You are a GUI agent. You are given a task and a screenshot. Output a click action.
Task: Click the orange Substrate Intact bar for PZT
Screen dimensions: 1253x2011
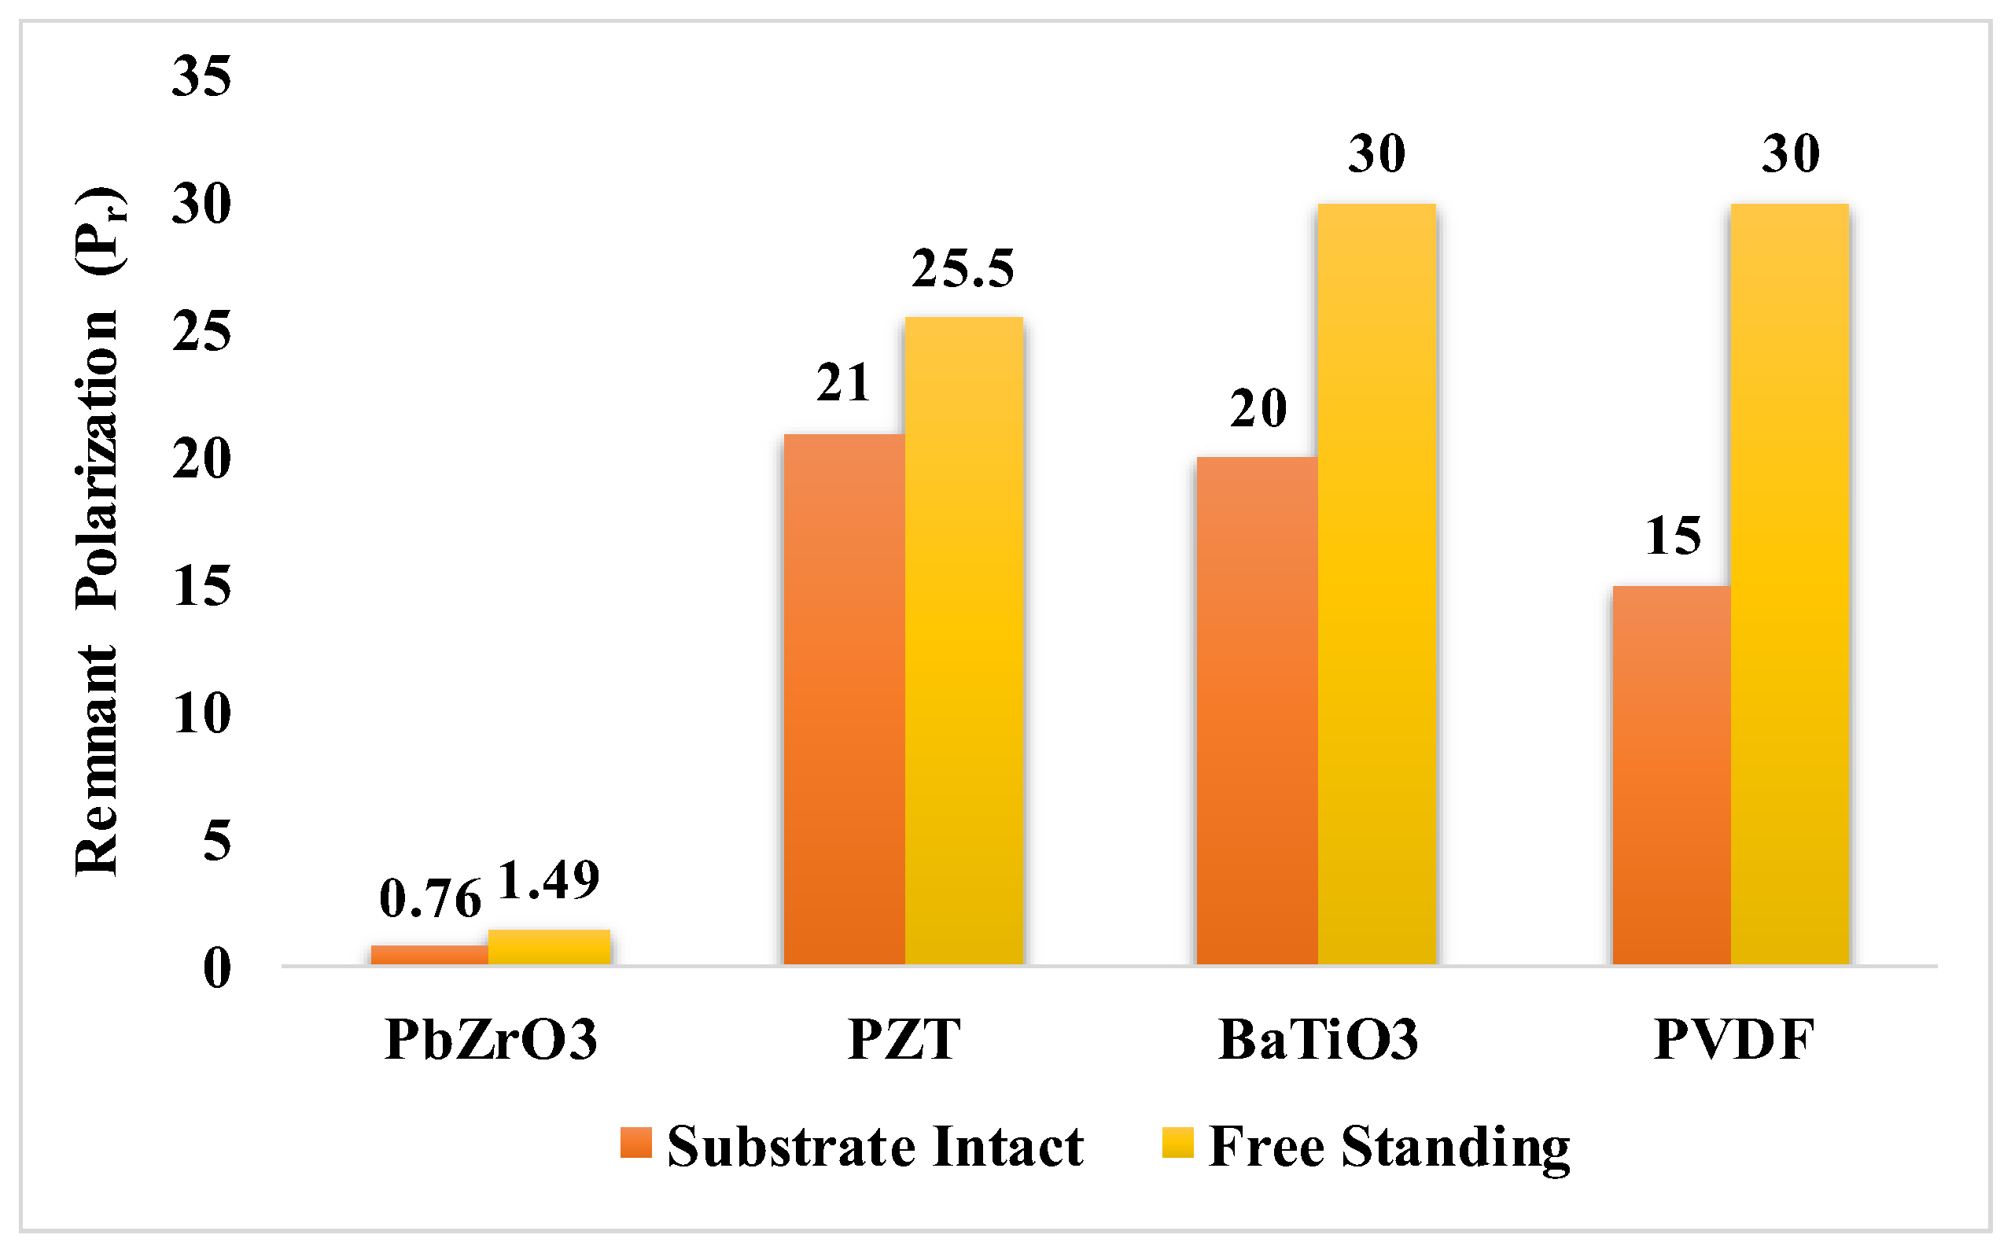(x=844, y=699)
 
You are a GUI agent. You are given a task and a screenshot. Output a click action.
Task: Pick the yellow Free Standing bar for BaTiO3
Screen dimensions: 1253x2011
(x=1376, y=584)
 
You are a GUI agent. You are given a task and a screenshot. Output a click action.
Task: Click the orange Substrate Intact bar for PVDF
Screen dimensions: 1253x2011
(x=1671, y=775)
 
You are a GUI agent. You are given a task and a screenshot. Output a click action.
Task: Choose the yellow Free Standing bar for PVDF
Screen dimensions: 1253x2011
(x=1790, y=584)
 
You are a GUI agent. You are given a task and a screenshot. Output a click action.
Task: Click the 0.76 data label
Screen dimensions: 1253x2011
(x=430, y=898)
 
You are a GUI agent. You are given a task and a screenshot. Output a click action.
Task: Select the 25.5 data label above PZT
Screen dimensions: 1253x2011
(x=963, y=268)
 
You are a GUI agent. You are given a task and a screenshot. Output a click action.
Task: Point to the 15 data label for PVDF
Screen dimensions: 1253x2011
(x=1673, y=536)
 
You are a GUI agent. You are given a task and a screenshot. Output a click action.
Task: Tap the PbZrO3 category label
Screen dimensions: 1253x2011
(x=492, y=1039)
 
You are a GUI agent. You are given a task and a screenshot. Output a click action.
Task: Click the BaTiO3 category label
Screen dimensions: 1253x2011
(x=1318, y=1039)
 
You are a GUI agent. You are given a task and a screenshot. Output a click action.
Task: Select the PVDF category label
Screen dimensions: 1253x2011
(x=1734, y=1039)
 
